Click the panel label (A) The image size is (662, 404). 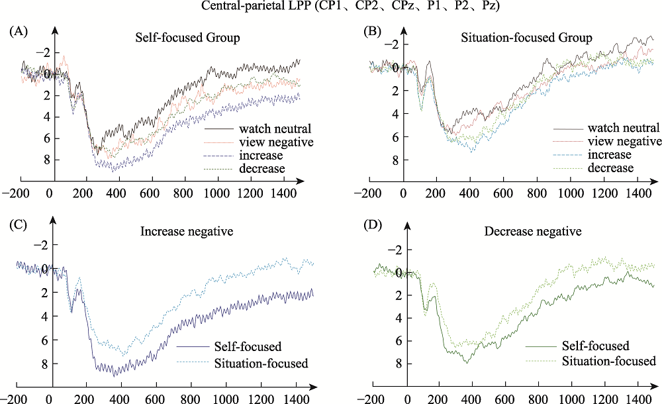[18, 31]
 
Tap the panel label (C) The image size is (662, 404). [18, 224]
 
